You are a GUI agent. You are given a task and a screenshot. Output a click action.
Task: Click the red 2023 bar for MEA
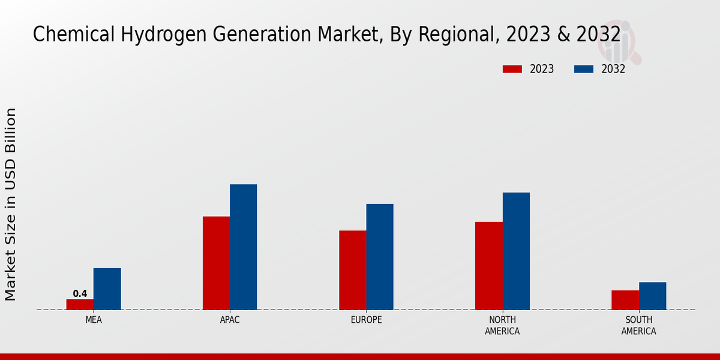point(80,304)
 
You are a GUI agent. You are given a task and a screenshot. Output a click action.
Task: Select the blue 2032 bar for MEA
point(107,289)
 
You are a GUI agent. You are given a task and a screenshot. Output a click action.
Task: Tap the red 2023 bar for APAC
point(216,263)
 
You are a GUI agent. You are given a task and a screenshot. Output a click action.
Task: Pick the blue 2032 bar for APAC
point(243,247)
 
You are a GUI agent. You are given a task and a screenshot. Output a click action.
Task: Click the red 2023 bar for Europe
point(352,270)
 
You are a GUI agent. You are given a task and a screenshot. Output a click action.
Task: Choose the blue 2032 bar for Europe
point(380,257)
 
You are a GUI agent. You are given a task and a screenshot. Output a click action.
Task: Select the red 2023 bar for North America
point(488,266)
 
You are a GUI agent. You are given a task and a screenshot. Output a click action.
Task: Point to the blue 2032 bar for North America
point(516,251)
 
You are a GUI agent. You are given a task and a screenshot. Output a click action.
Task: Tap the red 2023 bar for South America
point(625,300)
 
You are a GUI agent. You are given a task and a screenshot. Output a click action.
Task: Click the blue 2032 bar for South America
point(652,296)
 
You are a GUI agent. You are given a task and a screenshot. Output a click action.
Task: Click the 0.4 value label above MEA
point(80,294)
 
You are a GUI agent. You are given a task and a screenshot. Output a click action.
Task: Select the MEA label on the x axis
point(94,320)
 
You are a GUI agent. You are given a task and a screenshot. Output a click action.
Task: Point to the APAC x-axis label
point(230,320)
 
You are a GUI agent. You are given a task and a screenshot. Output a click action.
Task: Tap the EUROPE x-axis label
point(366,320)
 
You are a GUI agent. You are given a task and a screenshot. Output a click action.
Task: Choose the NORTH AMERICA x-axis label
point(502,326)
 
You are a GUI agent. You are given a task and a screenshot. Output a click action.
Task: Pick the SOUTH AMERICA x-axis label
point(638,326)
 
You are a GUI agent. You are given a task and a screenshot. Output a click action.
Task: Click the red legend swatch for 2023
point(512,69)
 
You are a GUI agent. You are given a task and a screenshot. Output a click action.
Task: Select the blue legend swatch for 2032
point(583,69)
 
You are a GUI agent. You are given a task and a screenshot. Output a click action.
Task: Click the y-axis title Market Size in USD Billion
point(11,204)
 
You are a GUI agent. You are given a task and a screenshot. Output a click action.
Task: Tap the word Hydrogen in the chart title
point(157,35)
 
